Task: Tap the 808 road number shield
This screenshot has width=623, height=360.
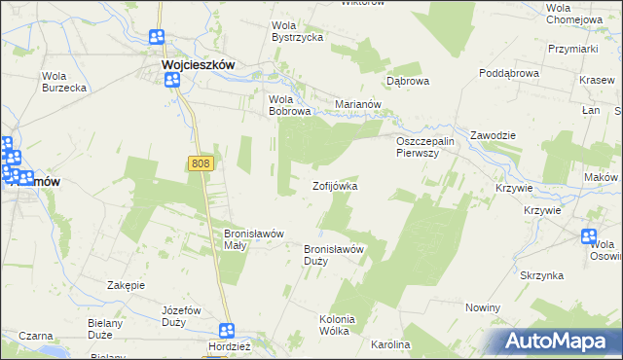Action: point(202,165)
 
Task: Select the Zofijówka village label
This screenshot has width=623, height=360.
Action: point(335,186)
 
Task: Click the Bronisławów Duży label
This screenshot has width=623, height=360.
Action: point(334,255)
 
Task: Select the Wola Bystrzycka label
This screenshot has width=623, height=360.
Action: point(297,31)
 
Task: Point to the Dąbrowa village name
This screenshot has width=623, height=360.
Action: point(408,82)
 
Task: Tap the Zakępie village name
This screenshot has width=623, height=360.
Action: point(127,285)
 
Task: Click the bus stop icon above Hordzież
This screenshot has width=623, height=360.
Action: point(227,331)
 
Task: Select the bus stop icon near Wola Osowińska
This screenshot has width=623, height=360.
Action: point(589,235)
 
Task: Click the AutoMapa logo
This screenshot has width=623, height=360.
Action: point(557,342)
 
